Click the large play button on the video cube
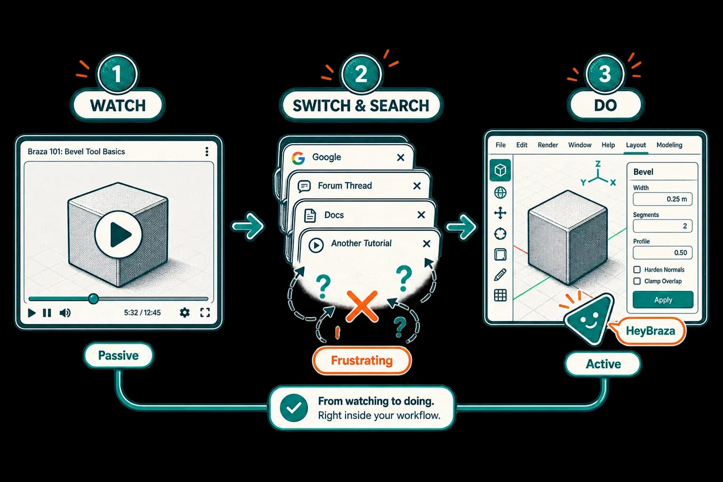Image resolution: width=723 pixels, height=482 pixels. pos(118,234)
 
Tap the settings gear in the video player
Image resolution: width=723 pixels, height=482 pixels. pos(185,313)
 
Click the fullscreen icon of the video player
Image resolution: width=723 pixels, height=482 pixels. pos(205,313)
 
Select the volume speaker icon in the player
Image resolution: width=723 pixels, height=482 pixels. pos(65,313)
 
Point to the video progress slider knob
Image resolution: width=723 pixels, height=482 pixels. pos(93,298)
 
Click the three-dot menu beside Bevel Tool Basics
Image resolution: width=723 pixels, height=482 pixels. pos(207,152)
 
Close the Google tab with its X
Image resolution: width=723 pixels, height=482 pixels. pos(401,157)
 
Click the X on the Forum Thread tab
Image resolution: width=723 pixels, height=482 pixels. pos(417,185)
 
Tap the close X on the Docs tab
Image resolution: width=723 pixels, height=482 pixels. pos(421,215)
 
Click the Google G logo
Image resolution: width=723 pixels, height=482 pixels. pos(298,158)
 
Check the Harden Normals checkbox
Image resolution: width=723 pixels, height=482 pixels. pos(637,270)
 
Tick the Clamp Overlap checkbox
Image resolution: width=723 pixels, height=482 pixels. pos(637,281)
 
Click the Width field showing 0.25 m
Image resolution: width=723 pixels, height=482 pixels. pos(662,199)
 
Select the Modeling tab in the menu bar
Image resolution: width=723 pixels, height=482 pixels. pos(669,145)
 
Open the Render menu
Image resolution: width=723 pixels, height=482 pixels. pos(548,145)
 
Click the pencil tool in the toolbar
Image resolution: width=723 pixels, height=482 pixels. pos(500,275)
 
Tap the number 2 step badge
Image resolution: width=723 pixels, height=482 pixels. pos(361,74)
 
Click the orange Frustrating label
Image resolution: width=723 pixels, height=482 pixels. pos(362,360)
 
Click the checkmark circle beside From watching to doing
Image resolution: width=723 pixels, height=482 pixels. pos(294,408)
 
